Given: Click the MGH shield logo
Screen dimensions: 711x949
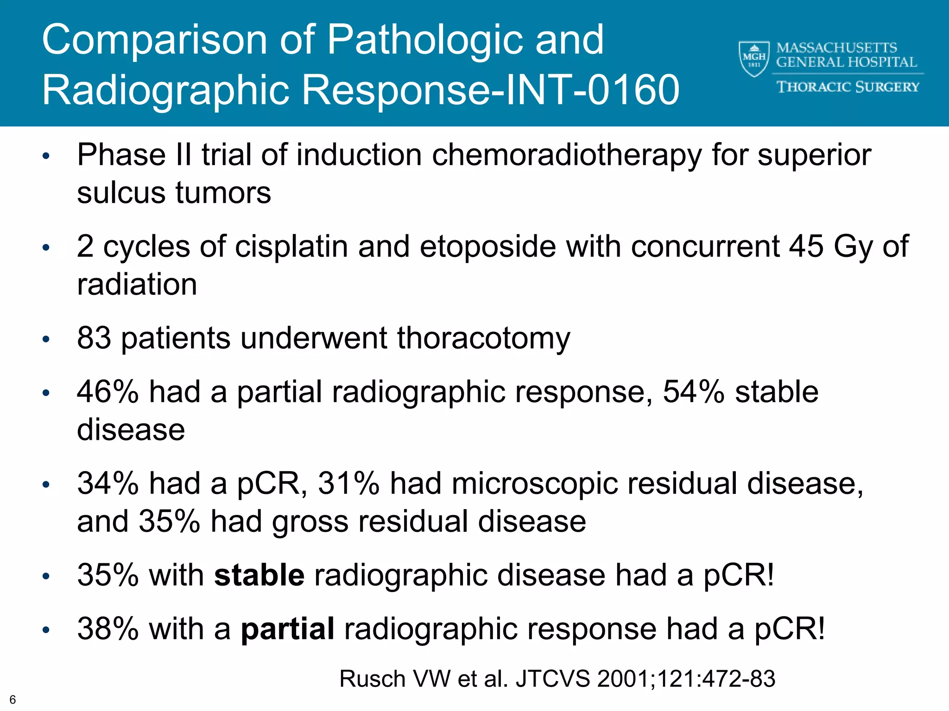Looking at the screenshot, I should coord(753,59).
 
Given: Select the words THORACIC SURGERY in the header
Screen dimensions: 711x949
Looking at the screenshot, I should coord(848,87).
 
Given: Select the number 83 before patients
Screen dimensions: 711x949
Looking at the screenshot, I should coord(94,338).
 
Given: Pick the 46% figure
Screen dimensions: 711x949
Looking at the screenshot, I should coord(108,392).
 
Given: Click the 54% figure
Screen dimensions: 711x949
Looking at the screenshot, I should coord(693,392).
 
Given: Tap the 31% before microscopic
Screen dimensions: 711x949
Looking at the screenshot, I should coord(348,484).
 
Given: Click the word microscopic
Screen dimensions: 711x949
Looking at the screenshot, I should coord(534,484).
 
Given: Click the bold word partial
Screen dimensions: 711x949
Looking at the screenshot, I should coord(287,629).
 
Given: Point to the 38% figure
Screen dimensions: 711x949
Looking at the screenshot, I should coord(108,629).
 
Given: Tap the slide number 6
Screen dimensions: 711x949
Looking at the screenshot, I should coord(13,699).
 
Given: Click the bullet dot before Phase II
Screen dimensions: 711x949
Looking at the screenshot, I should coord(45,156).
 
